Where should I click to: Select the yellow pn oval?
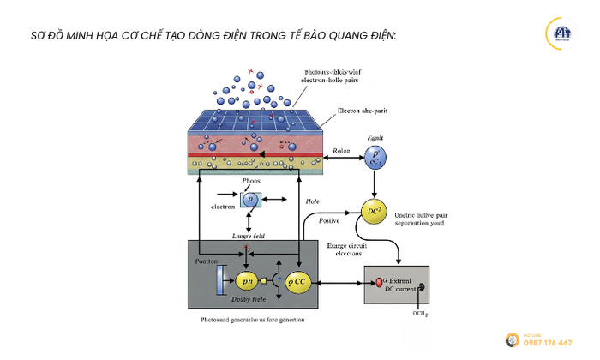coord(247,280)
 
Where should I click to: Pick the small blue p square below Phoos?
coord(249,199)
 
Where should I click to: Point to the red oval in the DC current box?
coord(377,281)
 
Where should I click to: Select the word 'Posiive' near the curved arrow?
coord(331,219)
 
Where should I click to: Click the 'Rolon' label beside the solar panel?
coord(342,152)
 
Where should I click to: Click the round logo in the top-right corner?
coord(561,34)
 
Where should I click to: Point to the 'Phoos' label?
coord(251,182)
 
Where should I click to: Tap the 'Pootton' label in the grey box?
coord(207,261)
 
